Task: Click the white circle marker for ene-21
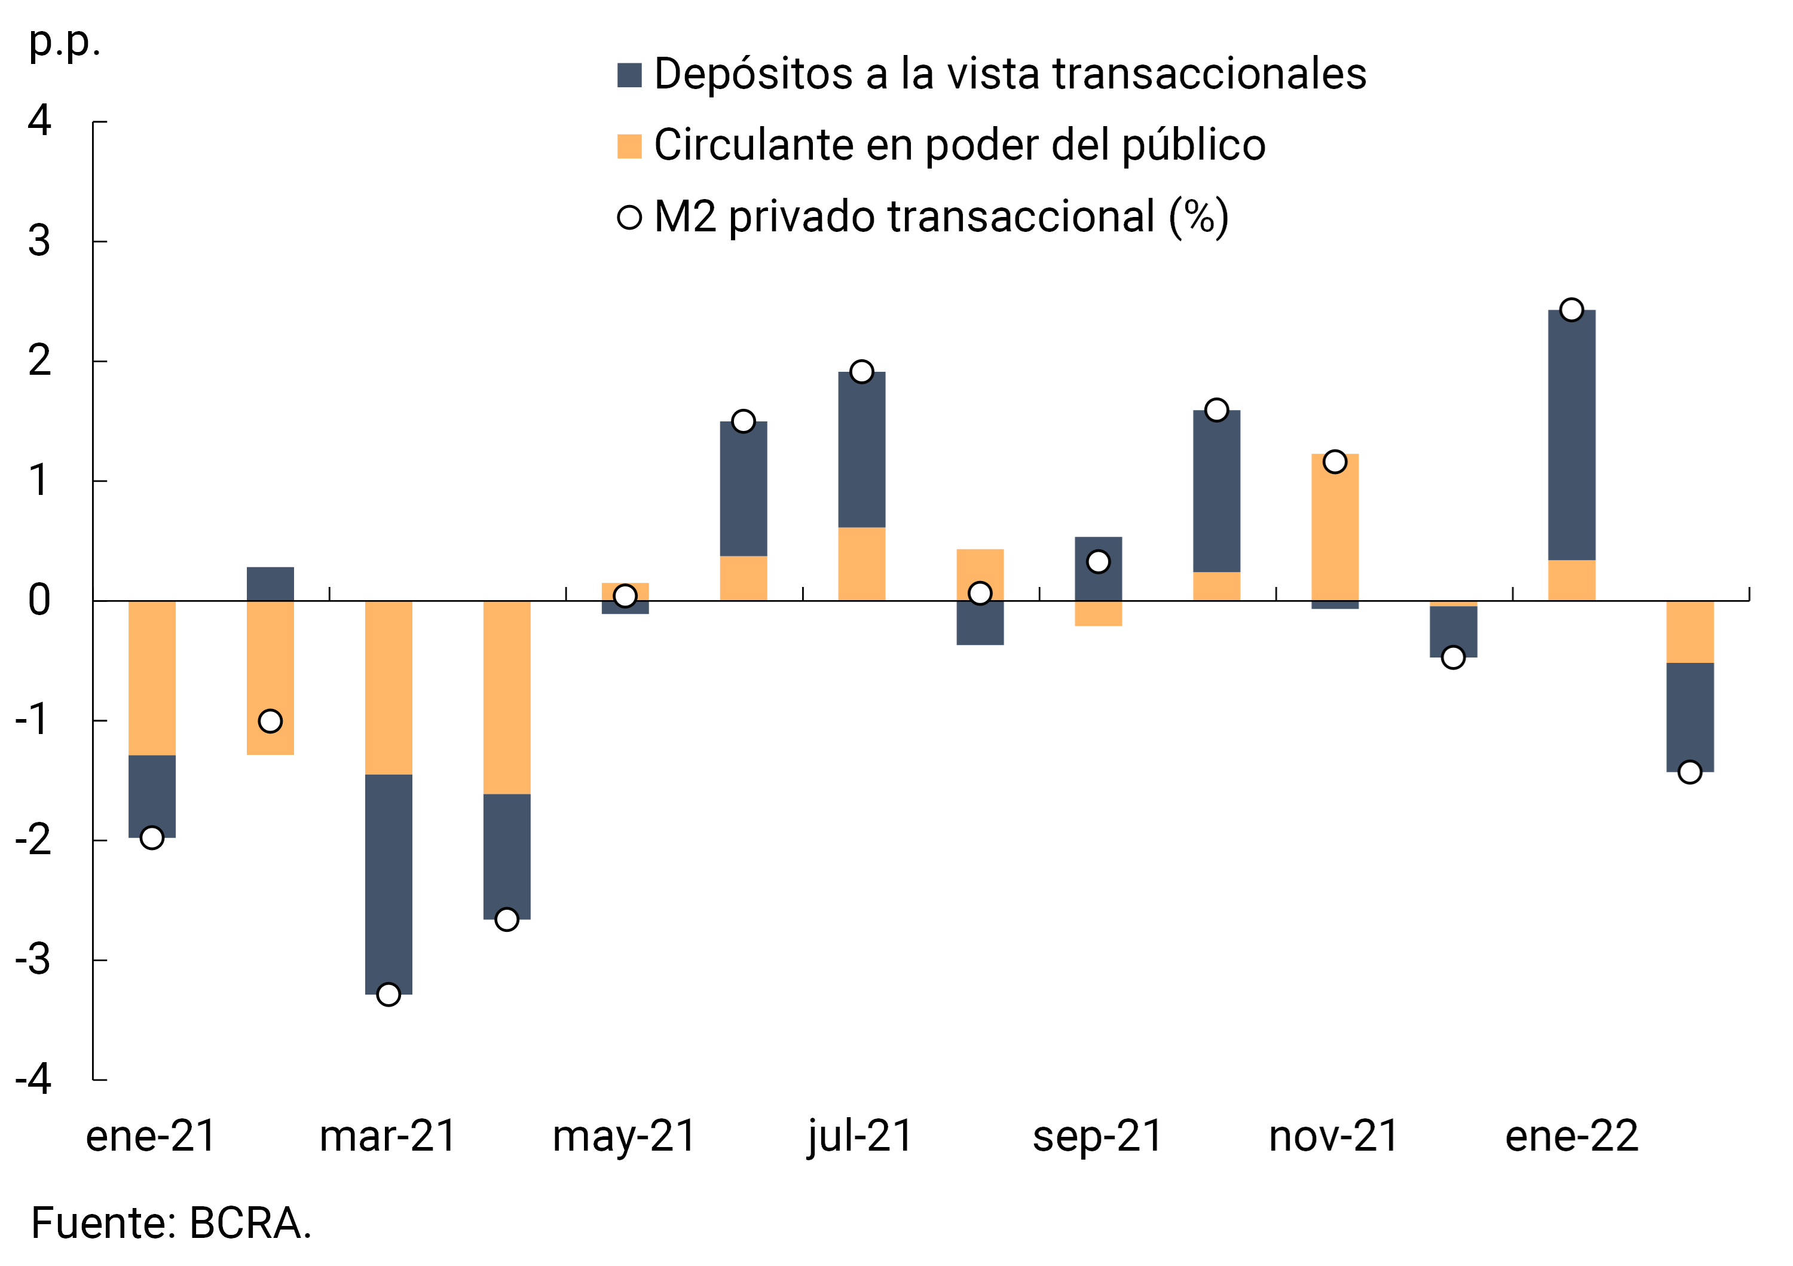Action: point(151,838)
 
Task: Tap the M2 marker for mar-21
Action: point(388,995)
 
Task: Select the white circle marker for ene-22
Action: point(1571,310)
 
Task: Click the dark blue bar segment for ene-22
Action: point(1571,435)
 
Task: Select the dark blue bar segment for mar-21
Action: point(388,884)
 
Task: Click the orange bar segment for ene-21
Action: point(151,678)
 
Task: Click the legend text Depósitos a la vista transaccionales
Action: point(1009,74)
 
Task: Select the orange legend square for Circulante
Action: point(629,146)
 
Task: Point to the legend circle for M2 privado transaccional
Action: point(629,217)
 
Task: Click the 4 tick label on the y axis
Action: point(39,121)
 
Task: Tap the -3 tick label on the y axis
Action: point(33,960)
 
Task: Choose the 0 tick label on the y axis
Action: point(39,601)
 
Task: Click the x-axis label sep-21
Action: point(1097,1136)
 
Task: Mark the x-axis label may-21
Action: point(624,1136)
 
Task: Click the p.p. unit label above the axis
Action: point(64,42)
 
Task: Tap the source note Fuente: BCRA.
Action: point(171,1224)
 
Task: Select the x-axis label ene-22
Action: point(1571,1136)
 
